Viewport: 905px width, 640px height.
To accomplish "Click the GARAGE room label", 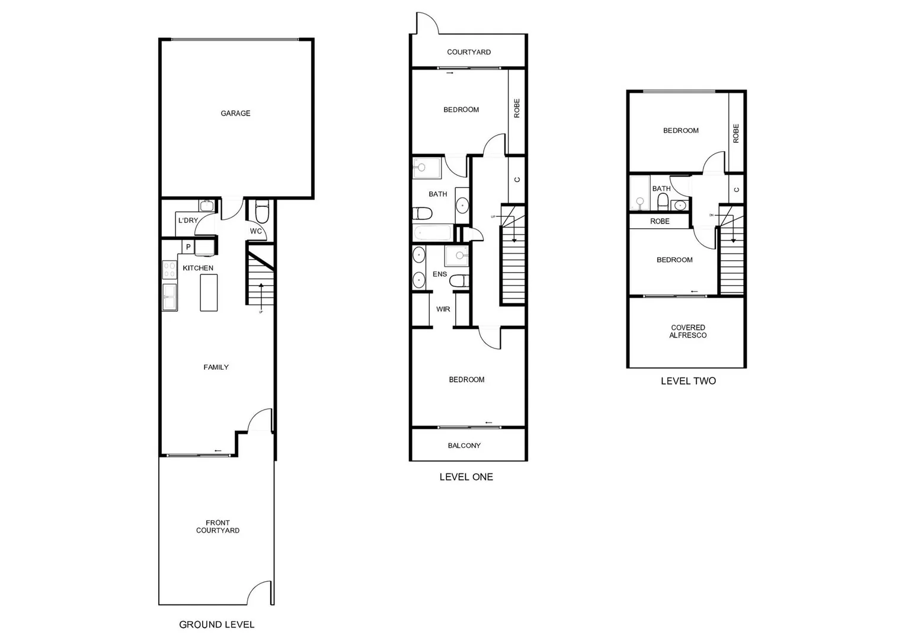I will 235,113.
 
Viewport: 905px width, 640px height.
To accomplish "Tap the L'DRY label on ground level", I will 188,220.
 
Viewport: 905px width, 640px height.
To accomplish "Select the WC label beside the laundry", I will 255,231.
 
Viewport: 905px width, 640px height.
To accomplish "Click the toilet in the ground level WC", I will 261,211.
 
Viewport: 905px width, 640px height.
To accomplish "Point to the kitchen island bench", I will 209,293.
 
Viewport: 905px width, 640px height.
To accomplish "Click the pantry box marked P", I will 188,247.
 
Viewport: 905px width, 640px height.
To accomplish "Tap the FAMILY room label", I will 216,367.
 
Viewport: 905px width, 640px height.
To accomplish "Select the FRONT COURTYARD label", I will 218,527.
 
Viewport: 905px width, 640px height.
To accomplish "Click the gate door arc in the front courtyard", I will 260,593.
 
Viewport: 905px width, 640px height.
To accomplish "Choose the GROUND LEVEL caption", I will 216,625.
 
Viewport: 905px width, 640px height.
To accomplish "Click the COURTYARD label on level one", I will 469,52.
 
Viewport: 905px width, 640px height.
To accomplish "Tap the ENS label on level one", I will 440,274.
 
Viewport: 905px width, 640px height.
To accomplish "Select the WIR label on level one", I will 443,309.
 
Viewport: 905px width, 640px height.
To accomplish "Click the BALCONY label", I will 464,446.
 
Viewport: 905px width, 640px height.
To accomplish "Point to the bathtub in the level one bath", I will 433,233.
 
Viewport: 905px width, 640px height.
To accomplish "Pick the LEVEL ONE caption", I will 466,477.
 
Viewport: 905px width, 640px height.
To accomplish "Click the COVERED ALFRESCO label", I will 687,331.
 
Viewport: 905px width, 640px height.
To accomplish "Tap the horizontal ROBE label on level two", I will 660,221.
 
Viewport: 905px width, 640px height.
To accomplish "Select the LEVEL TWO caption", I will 688,381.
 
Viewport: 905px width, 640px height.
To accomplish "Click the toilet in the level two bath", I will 663,202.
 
